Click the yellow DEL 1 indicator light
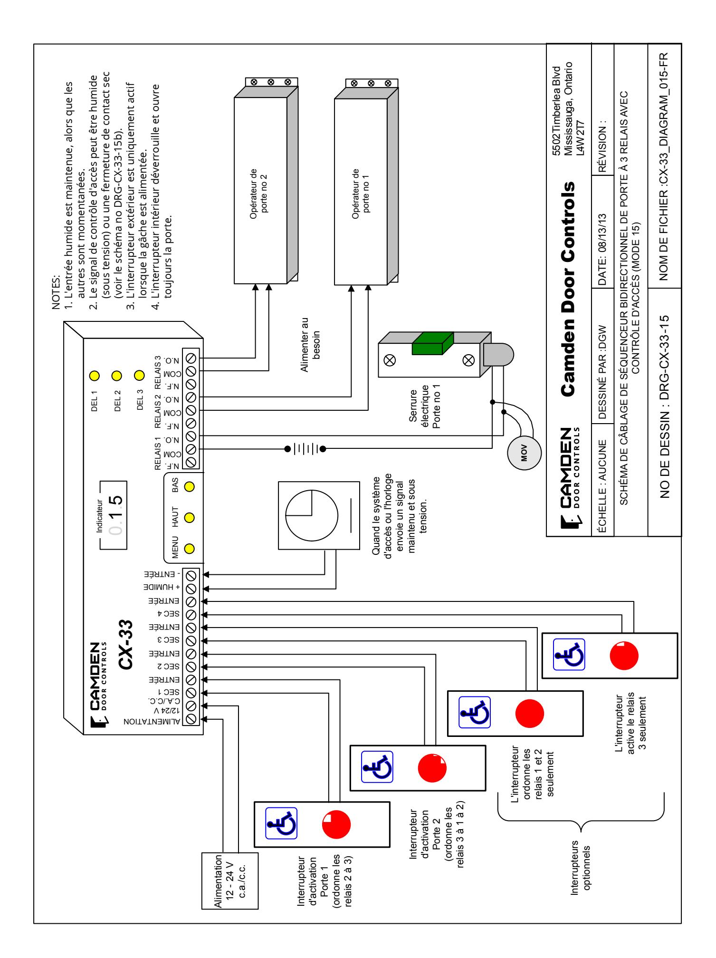click(x=94, y=377)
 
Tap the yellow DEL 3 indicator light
click(x=139, y=377)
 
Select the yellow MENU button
click(x=189, y=549)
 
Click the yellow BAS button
click(x=189, y=487)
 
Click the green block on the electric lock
click(x=432, y=343)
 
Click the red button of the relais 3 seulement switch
click(x=624, y=656)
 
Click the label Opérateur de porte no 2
click(x=258, y=191)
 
